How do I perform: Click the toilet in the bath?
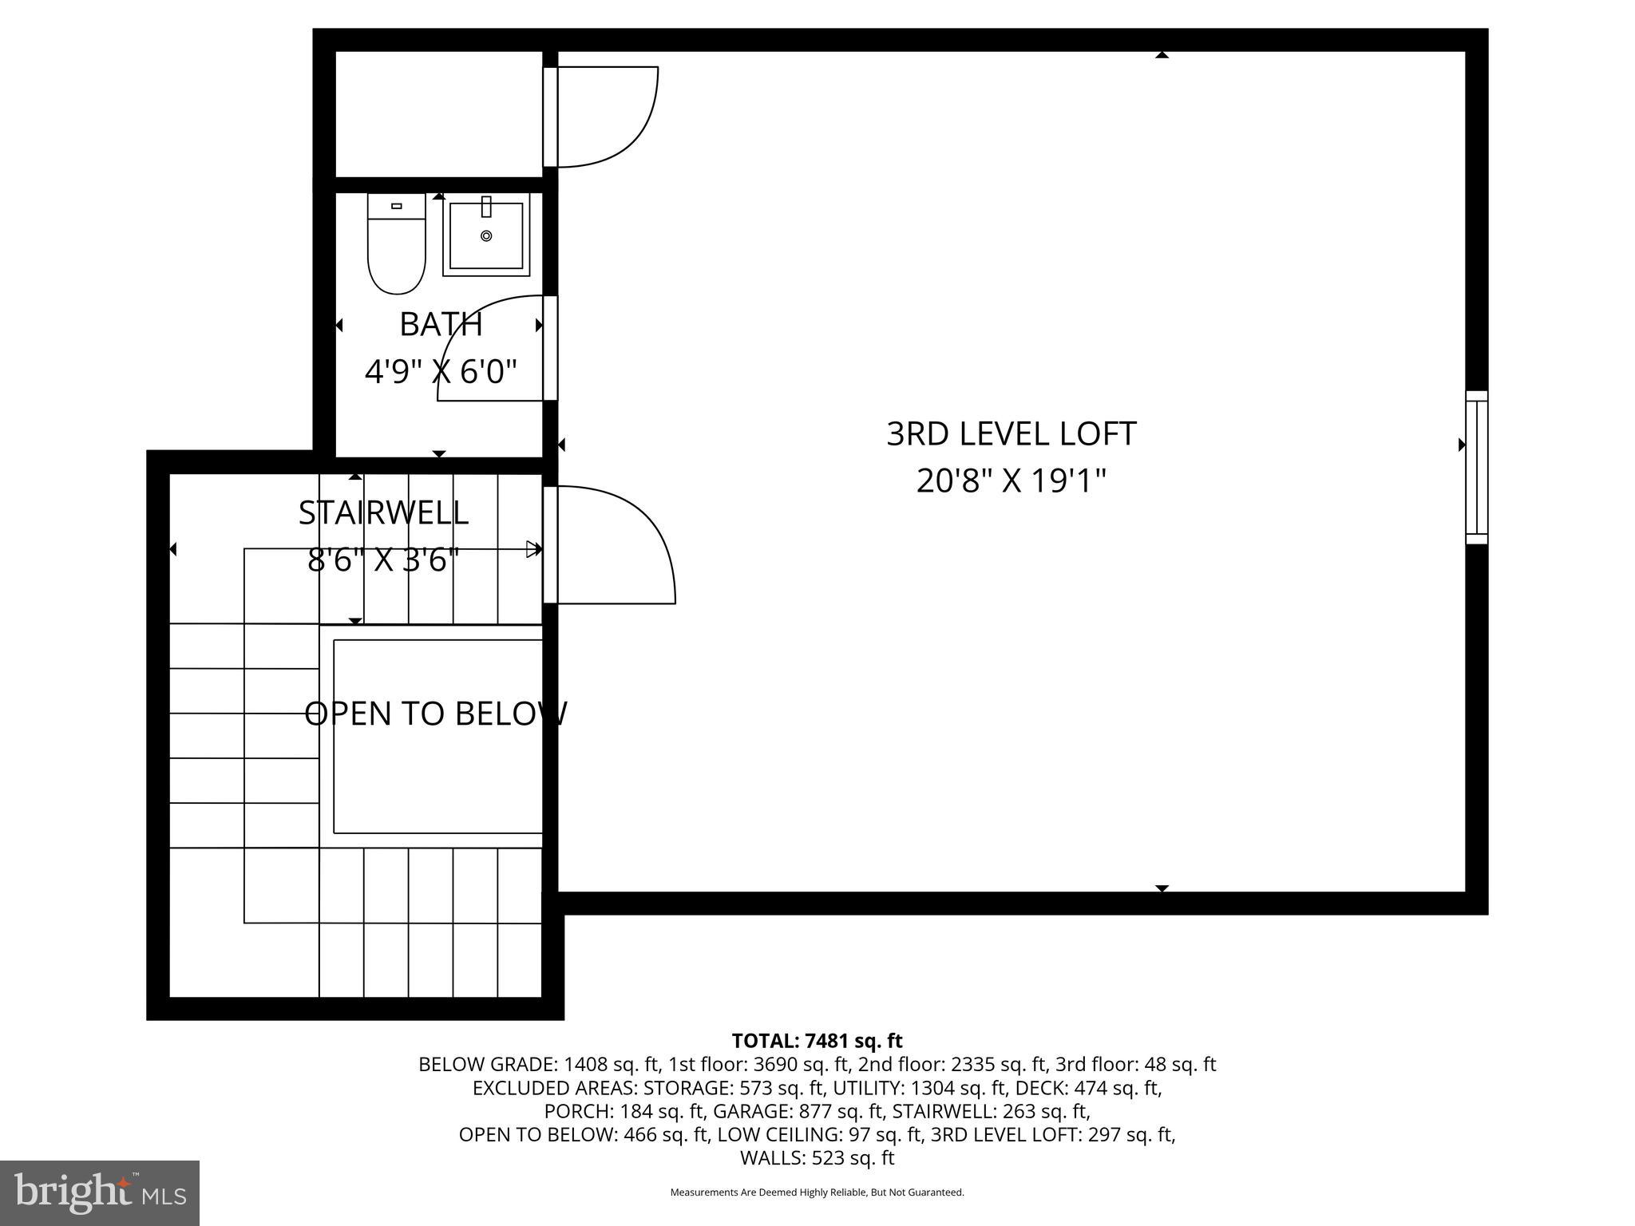396,247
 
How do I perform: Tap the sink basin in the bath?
486,235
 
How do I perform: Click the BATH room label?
441,324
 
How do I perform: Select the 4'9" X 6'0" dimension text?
441,371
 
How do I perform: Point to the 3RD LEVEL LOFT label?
1011,434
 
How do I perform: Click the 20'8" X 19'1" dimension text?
1011,481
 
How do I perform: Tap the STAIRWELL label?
383,512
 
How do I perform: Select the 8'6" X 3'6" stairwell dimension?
383,560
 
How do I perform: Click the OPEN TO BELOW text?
436,714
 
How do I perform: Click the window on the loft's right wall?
1476,468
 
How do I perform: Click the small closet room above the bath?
438,113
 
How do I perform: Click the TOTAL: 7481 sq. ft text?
817,1041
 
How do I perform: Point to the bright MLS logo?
100,1192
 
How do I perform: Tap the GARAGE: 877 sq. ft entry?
798,1111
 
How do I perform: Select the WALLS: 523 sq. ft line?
817,1157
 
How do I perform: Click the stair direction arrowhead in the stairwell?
532,548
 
